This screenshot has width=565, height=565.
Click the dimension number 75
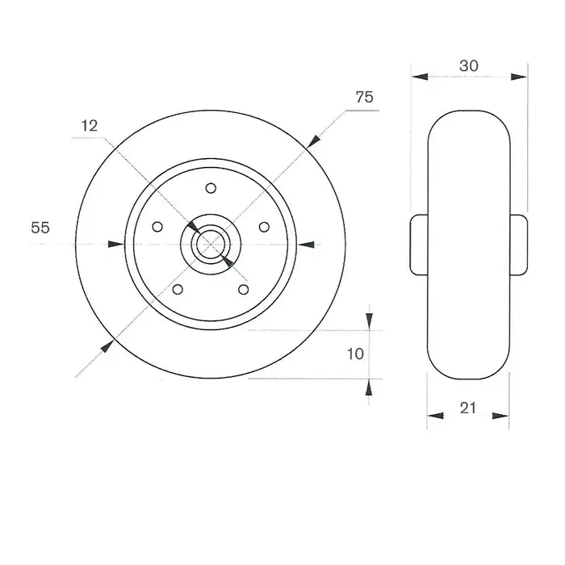click(x=364, y=97)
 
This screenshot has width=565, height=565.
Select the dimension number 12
click(x=90, y=126)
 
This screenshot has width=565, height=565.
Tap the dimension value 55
click(x=40, y=228)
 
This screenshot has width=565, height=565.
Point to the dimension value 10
click(x=355, y=354)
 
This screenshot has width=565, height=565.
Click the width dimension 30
click(x=469, y=65)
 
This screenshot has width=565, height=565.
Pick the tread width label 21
click(x=468, y=408)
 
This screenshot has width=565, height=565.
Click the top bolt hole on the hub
click(x=211, y=188)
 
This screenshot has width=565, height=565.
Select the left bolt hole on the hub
click(x=157, y=227)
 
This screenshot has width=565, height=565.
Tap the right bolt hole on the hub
click(x=264, y=227)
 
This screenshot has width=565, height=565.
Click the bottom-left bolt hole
click(x=178, y=289)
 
